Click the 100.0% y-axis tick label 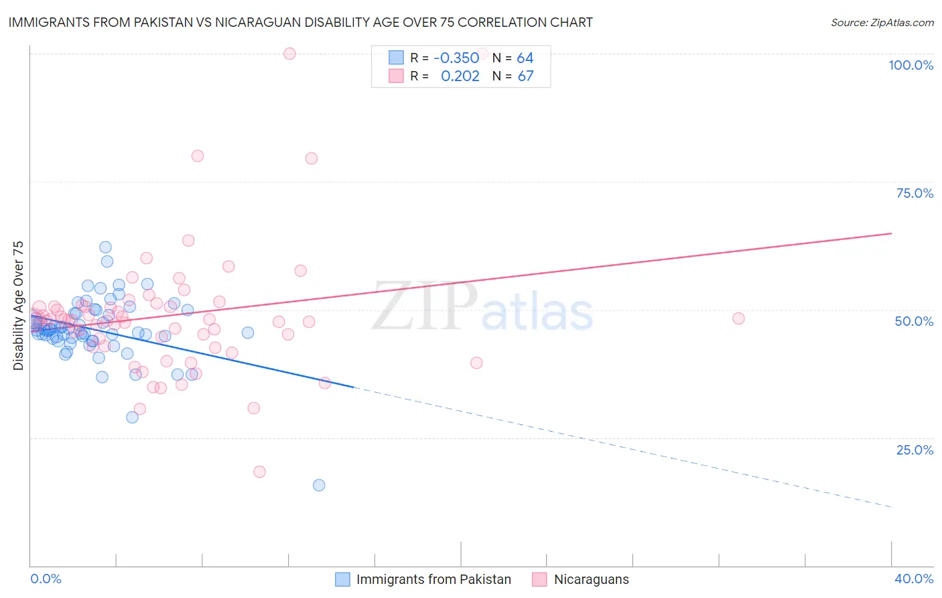pos(911,65)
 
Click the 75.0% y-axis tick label pos(915,193)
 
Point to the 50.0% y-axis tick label pos(914,321)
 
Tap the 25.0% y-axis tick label pos(915,449)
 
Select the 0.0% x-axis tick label pos(46,579)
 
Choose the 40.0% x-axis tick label pos(913,579)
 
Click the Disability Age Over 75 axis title pos(19,305)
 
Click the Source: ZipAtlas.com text pos(882,23)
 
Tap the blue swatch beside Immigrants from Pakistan pos(342,579)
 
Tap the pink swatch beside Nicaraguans pos(539,579)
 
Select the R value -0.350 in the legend pos(456,58)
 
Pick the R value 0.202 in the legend pos(460,76)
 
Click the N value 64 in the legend pos(525,58)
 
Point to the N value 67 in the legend pos(525,76)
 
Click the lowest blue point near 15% pos(319,485)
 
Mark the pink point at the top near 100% pos(289,54)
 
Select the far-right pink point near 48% pos(738,318)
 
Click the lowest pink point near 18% pos(259,472)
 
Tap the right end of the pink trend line pos(891,233)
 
